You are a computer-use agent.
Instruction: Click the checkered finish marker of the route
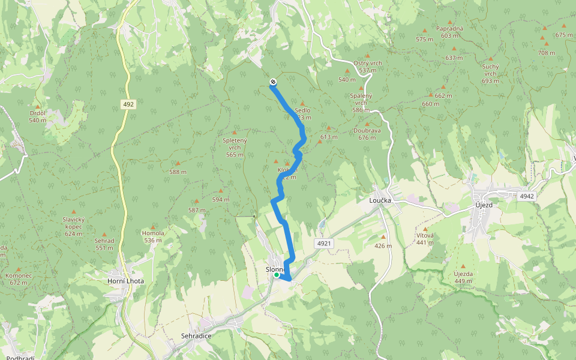click(x=273, y=82)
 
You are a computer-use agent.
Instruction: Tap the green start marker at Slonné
click(x=276, y=275)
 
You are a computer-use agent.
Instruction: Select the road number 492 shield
click(x=128, y=104)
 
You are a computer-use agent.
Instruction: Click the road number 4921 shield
click(x=323, y=243)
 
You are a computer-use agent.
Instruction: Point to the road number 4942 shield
click(x=527, y=196)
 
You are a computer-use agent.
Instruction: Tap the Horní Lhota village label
click(x=124, y=281)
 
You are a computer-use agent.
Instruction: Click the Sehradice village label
click(x=196, y=336)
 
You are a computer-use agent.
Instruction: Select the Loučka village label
click(x=380, y=201)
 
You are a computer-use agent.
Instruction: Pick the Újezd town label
click(x=483, y=205)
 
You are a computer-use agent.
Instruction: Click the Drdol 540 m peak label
click(x=37, y=116)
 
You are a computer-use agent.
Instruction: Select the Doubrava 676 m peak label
click(x=367, y=134)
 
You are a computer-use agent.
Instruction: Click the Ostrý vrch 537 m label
click(x=368, y=67)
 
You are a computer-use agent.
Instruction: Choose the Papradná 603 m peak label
click(x=450, y=32)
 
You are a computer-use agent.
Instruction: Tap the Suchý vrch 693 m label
click(x=490, y=73)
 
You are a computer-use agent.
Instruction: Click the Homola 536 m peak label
click(x=152, y=236)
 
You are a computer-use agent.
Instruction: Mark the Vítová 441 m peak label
click(x=425, y=239)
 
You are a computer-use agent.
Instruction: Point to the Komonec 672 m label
click(x=18, y=279)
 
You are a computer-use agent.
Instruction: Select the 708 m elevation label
click(x=546, y=53)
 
